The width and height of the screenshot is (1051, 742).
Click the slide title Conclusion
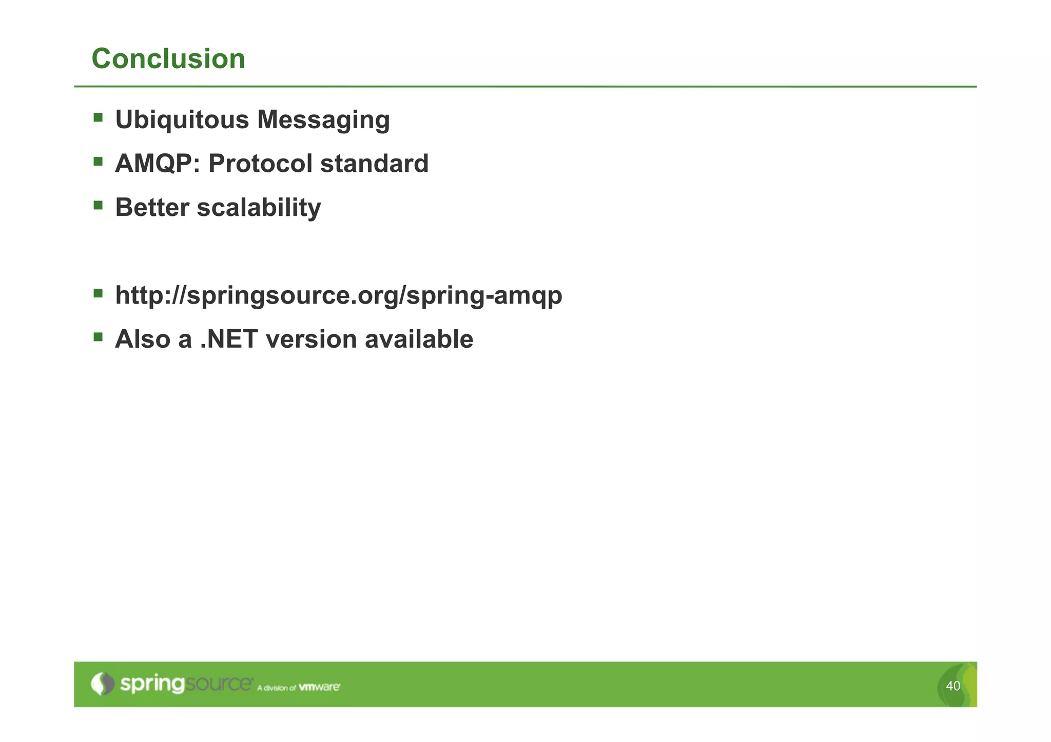click(x=168, y=58)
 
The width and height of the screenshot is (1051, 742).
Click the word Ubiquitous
click(x=182, y=120)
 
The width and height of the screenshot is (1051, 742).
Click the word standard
click(x=374, y=164)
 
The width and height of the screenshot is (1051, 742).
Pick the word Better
click(x=152, y=208)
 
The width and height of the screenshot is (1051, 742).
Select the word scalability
click(x=259, y=208)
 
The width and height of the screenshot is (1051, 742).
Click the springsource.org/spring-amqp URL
click(x=339, y=296)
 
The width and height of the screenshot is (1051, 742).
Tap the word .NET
click(x=229, y=339)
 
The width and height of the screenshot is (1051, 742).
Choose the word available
click(x=419, y=339)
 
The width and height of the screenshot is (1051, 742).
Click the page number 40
click(x=952, y=686)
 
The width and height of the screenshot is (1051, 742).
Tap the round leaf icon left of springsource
click(x=103, y=684)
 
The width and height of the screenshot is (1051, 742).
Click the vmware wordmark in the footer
click(x=319, y=687)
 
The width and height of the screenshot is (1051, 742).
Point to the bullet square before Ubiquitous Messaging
click(x=98, y=118)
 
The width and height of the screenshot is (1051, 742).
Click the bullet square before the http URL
click(x=98, y=293)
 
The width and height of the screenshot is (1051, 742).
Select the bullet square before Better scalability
click(x=98, y=206)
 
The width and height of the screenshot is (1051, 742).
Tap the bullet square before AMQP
click(x=98, y=162)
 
